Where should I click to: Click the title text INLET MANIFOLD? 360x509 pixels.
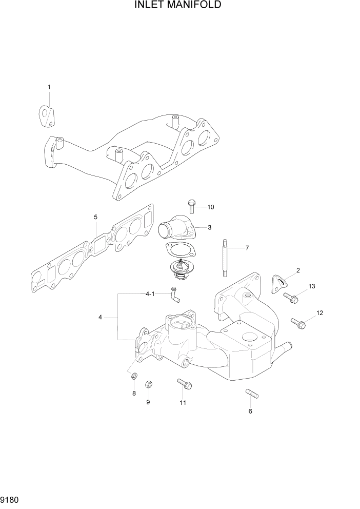178,6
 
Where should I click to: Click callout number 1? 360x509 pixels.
49,87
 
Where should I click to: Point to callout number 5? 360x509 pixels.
96,217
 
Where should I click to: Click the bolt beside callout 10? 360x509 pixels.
192,206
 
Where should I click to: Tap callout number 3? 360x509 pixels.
210,227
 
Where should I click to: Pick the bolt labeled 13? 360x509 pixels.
290,296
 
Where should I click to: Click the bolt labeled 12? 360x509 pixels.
298,323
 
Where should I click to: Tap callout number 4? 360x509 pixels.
101,318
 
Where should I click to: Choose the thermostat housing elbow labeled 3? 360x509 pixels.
174,229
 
